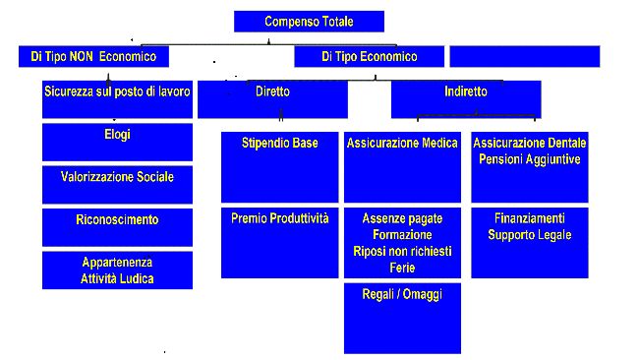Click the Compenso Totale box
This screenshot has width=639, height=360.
[309, 22]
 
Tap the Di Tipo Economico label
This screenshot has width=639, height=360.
[369, 57]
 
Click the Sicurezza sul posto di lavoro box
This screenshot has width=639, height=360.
[117, 91]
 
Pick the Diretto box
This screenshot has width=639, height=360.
[272, 91]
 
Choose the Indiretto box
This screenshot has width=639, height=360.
[465, 91]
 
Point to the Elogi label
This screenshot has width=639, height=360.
[117, 135]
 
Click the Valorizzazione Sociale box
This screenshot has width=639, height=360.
[117, 177]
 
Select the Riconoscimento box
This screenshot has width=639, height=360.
[117, 220]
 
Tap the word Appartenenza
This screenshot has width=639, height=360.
[117, 263]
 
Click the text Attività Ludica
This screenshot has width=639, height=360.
[117, 278]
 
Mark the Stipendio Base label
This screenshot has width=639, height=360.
[280, 144]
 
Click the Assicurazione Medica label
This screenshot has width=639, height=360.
[402, 144]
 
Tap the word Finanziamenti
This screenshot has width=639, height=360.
[530, 218]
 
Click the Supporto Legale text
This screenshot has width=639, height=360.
[530, 235]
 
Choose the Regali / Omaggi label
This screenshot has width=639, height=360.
[402, 294]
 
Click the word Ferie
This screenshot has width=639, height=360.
[402, 268]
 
